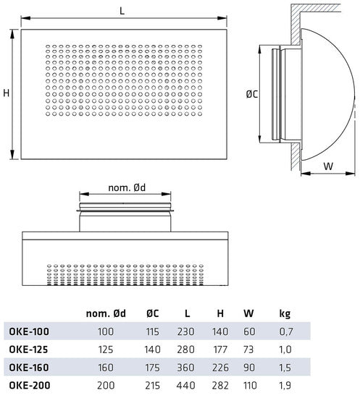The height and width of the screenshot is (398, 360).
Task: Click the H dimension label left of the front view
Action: coord(6,93)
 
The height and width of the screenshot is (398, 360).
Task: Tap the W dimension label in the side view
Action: coord(328,165)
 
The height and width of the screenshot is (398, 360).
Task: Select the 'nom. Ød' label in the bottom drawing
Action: coord(127,188)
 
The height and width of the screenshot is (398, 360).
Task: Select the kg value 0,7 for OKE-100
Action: coord(285,331)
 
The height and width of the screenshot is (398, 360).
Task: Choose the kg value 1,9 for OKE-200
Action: coord(285,384)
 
